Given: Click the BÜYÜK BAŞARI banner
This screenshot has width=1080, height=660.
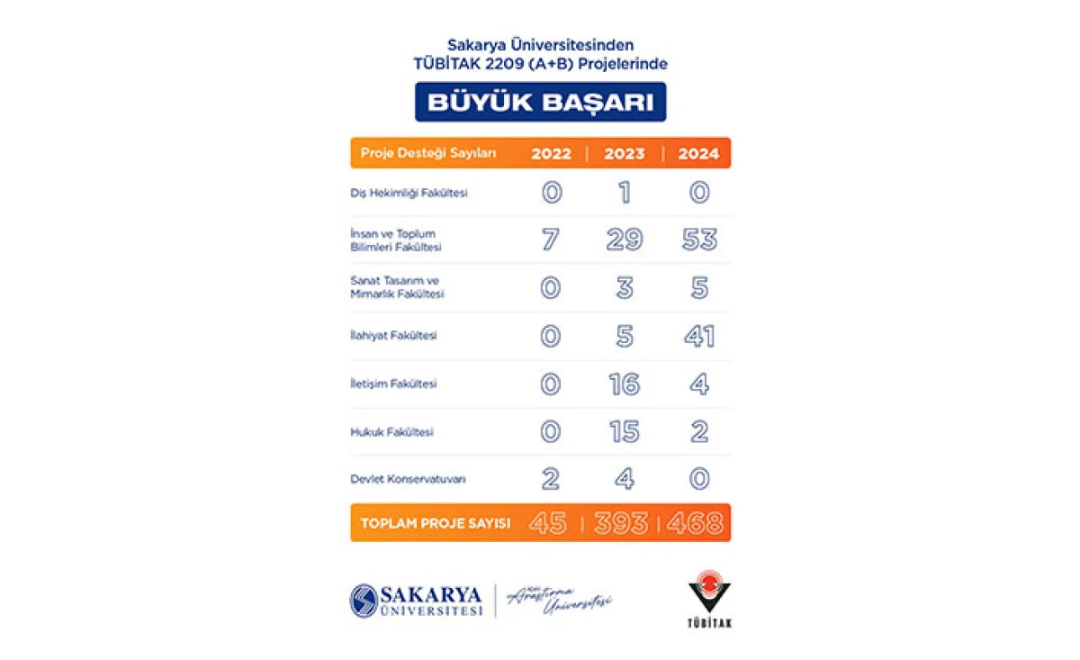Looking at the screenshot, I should [540, 102].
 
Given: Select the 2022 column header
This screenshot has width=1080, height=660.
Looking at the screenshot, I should [551, 154].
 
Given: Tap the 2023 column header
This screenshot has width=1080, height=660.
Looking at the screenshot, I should [625, 154].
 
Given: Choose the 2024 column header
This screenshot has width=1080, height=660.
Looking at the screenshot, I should [698, 154].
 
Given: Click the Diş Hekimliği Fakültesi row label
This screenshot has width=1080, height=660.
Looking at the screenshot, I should [409, 193].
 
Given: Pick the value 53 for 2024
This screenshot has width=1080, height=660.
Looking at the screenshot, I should [698, 240].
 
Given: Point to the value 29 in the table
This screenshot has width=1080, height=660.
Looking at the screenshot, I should [625, 240].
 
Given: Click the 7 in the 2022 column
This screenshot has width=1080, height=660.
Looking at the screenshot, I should [551, 240].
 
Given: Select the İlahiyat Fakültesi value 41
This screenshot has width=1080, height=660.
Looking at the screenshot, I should [698, 337].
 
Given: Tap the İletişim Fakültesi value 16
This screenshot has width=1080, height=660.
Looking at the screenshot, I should [625, 384].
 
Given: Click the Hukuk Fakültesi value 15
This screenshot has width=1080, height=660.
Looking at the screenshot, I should [625, 432].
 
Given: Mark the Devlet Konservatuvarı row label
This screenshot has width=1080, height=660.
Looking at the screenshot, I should [408, 480].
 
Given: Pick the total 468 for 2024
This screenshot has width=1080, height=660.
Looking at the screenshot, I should [695, 523].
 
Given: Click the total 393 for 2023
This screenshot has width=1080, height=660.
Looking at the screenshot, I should [621, 523].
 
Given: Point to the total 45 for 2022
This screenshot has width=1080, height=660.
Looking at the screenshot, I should [547, 523].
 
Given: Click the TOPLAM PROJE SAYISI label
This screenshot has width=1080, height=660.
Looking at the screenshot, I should [436, 523].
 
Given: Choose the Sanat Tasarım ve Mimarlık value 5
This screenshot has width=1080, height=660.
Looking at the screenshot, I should [698, 288].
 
